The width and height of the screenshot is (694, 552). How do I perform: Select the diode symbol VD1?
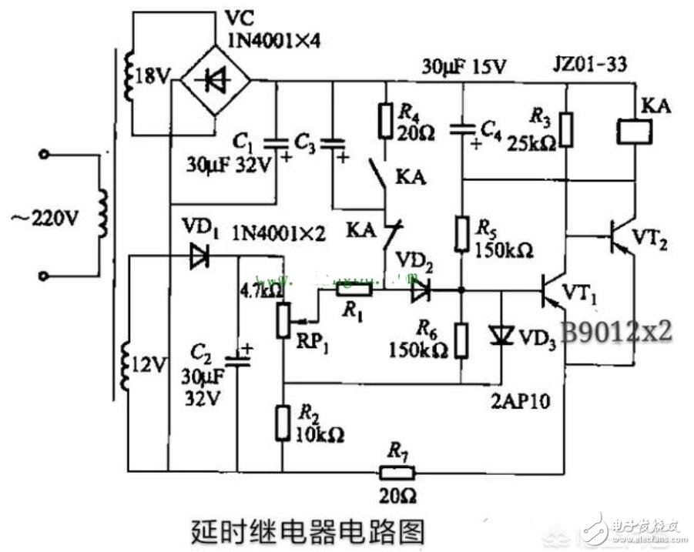pos(199,257)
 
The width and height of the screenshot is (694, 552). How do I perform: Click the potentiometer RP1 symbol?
pos(283,320)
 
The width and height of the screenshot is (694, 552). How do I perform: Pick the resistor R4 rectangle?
pos(386,121)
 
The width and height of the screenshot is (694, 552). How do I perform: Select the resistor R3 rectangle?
pos(567,129)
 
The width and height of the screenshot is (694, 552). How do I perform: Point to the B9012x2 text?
pos(615,331)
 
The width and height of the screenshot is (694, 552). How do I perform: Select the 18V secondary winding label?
pos(151,76)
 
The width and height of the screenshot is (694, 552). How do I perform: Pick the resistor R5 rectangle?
pos(461,234)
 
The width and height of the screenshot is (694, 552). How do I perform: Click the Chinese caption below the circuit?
pos(307,530)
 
